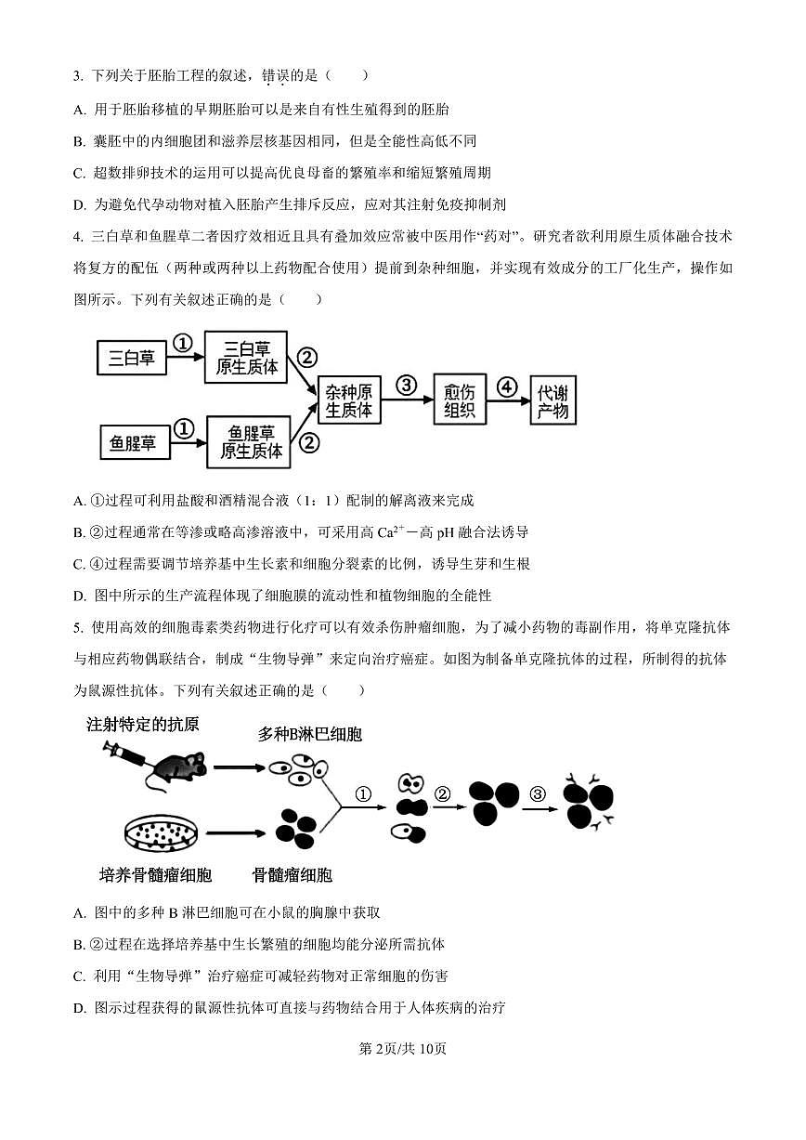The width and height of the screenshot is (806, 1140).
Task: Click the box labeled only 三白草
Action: click(x=132, y=358)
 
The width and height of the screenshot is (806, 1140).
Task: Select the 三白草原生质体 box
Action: click(x=246, y=357)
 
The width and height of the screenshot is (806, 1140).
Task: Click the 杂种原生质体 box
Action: click(x=349, y=400)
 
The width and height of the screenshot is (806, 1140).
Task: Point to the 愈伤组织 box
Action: click(x=459, y=400)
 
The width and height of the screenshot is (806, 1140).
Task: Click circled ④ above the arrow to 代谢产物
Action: click(x=506, y=386)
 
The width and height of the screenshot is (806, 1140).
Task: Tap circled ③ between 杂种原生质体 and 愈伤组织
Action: click(x=406, y=386)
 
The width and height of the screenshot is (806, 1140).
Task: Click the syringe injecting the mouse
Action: click(x=125, y=753)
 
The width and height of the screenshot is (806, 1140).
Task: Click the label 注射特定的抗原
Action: click(x=142, y=725)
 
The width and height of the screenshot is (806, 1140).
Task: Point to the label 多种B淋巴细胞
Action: click(x=309, y=734)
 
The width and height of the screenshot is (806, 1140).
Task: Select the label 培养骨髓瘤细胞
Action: click(x=155, y=875)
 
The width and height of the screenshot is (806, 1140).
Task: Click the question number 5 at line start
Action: click(x=77, y=628)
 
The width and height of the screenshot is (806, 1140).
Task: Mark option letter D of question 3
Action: click(x=79, y=204)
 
